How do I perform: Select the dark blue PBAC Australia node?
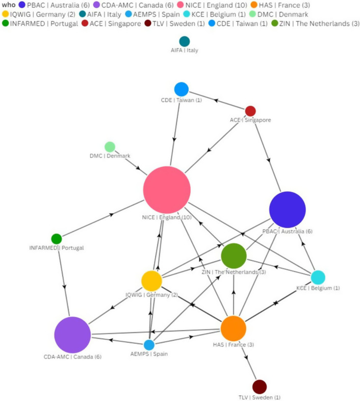click(x=287, y=210)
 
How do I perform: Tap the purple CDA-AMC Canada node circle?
click(x=72, y=335)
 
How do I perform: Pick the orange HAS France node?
click(x=233, y=329)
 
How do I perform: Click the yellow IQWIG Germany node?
click(x=151, y=281)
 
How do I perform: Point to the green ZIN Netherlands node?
click(x=234, y=256)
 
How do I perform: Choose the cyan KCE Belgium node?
click(x=318, y=278)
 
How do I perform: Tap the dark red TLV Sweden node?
click(x=260, y=387)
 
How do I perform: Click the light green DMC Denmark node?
click(x=110, y=147)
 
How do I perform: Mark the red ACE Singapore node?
click(x=250, y=111)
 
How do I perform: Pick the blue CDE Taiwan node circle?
click(x=181, y=89)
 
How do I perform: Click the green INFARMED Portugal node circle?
click(x=57, y=239)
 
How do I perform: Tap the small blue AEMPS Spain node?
click(x=149, y=345)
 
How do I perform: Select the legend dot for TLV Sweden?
click(x=148, y=23)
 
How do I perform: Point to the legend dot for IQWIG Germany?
click(x=6, y=14)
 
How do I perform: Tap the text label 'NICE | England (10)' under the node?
click(x=167, y=217)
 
